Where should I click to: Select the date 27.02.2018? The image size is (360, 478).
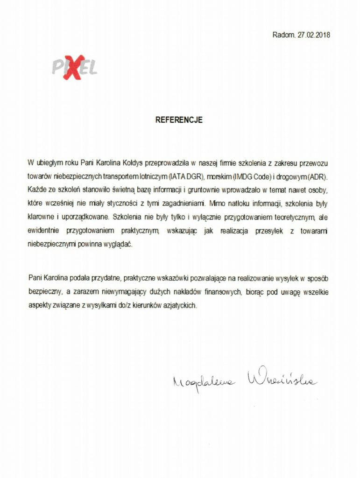click(x=314, y=35)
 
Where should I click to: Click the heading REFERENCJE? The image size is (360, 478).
click(x=179, y=120)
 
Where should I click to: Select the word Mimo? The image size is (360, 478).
click(x=218, y=204)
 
